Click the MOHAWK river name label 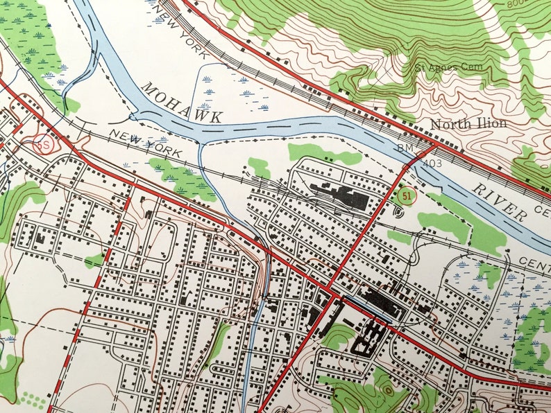click(x=182, y=103)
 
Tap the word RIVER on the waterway click(x=500, y=203)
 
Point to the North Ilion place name click(x=468, y=124)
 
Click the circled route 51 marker click(x=408, y=196)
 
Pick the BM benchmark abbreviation click(x=405, y=148)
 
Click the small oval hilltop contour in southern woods click(x=388, y=392)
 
